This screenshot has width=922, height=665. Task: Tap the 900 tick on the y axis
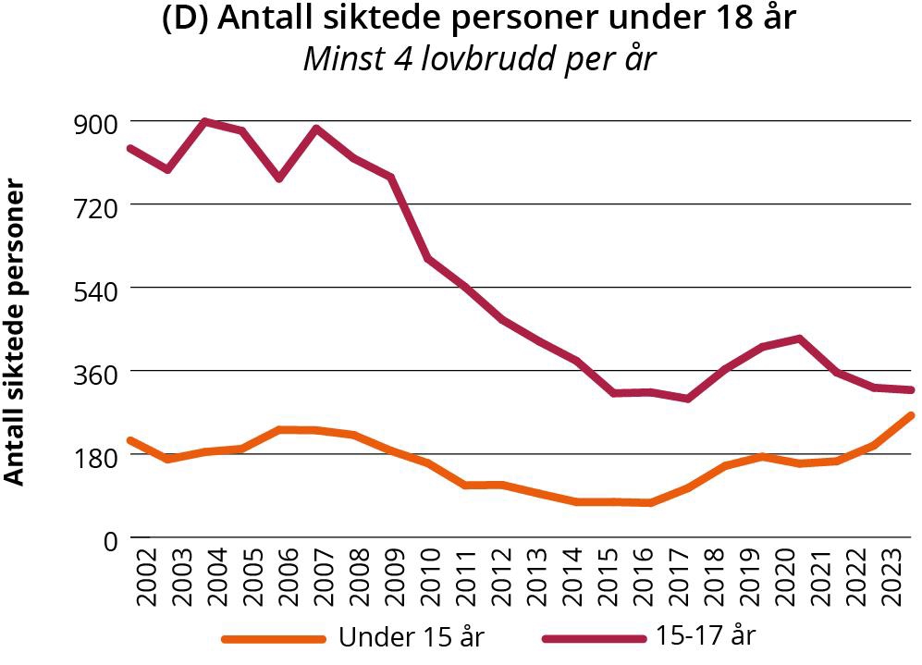[x=94, y=122]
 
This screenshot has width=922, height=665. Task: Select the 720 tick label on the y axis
[x=94, y=205]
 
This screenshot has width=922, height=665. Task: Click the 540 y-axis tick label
[x=94, y=289]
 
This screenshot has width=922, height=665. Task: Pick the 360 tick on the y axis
[x=94, y=372]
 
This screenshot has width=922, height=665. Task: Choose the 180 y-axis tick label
[x=94, y=455]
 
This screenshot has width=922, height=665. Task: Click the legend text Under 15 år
[x=412, y=637]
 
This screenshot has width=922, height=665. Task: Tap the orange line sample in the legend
[x=274, y=639]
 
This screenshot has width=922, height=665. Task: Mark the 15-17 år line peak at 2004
[x=204, y=121]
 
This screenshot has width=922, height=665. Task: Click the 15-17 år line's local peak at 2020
[x=798, y=339]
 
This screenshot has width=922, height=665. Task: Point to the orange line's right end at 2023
[x=912, y=416]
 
